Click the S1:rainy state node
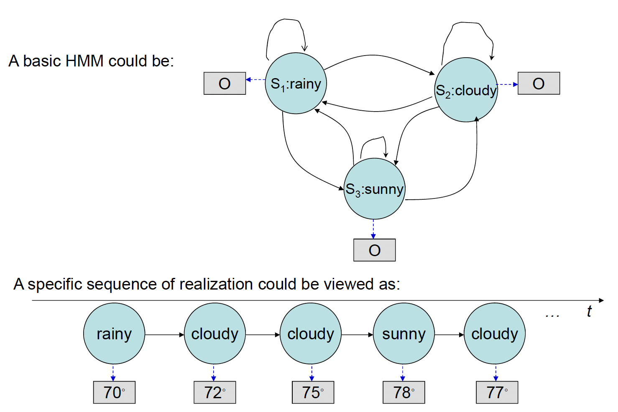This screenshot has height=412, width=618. (296, 83)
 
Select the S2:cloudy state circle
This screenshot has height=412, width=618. (466, 90)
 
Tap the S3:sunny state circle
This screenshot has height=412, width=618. (374, 189)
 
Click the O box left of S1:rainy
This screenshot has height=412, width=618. (225, 83)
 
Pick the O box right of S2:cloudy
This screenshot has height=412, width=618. (538, 83)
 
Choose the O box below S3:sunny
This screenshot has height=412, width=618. (374, 250)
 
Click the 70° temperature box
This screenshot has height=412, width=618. (114, 392)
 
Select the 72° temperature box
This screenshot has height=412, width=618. (215, 392)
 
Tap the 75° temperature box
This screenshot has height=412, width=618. (313, 392)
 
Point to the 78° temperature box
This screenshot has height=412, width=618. (403, 392)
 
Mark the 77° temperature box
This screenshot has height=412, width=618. (497, 392)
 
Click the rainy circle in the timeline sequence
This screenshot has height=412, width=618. (114, 333)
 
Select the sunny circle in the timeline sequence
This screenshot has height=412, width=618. (403, 333)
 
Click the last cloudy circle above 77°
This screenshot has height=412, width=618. (494, 333)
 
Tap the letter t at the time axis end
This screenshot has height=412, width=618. (589, 311)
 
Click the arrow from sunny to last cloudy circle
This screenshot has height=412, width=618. (449, 334)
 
